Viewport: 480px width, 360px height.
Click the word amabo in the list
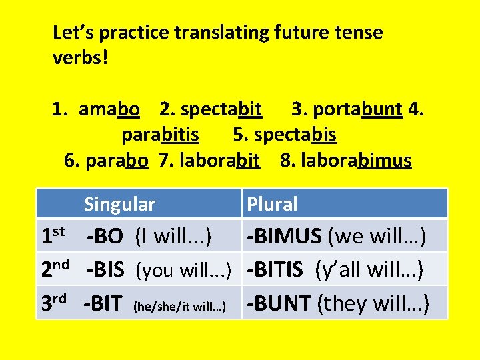coord(109,109)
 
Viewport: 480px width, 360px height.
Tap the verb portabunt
coord(357,109)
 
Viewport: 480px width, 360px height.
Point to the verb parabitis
coord(160,135)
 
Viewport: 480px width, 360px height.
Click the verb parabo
coord(117,161)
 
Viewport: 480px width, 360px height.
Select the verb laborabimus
coord(356,161)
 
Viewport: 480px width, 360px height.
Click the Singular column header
coord(119,204)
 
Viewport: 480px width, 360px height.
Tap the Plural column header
coord(272,204)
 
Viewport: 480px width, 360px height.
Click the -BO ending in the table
coord(105,236)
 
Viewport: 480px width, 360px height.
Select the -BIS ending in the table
coord(105,269)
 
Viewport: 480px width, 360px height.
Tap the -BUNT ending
coord(279,303)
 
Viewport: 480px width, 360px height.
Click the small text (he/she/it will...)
coord(179,307)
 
